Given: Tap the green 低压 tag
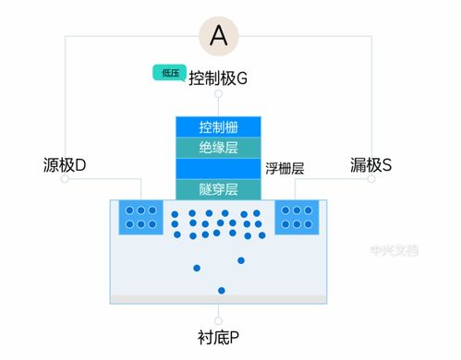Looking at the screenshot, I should click(169, 73).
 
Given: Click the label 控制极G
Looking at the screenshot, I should click(218, 78).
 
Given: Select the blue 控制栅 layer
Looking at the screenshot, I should click(219, 126).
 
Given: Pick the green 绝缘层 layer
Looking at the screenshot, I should click(219, 147).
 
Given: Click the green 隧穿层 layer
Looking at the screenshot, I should click(219, 189).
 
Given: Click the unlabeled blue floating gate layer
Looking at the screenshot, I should click(219, 168).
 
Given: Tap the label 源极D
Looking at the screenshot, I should click(65, 165).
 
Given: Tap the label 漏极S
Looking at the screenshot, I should click(370, 165).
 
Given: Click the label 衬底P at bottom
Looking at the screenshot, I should click(219, 336).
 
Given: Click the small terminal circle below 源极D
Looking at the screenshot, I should click(65, 180).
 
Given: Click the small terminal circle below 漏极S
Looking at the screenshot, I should click(370, 180).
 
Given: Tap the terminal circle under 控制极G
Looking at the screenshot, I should click(219, 94).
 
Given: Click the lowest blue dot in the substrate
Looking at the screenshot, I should click(221, 291).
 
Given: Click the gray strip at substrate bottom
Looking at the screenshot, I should click(219, 299).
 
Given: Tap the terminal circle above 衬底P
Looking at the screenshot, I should click(219, 318).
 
